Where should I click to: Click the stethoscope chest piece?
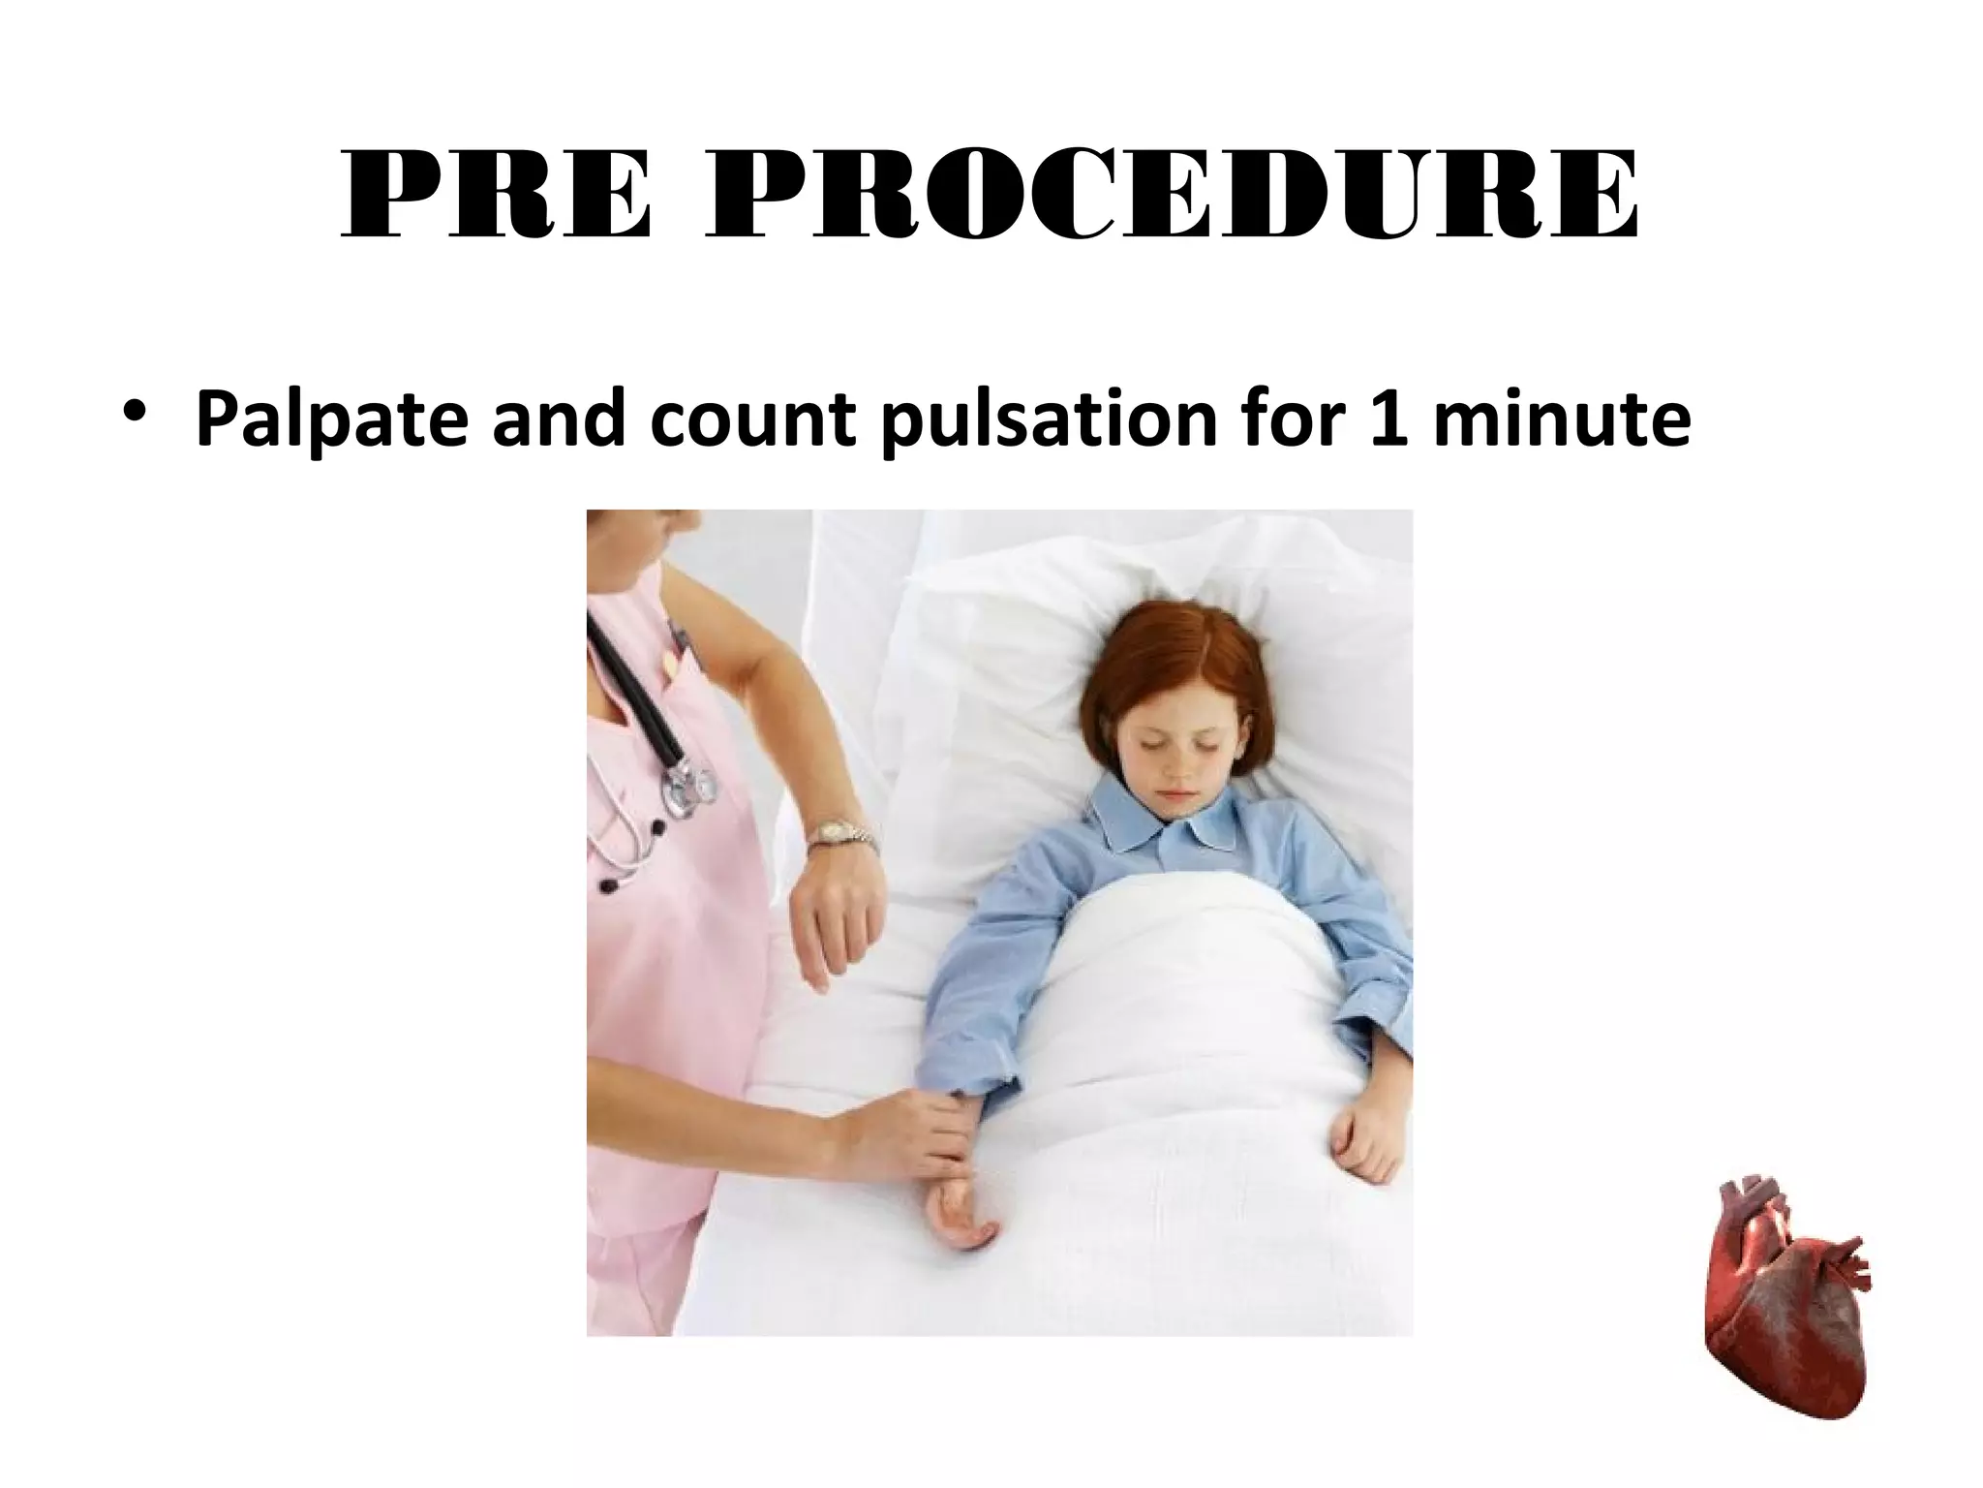(x=690, y=781)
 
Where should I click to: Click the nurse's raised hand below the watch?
(x=837, y=920)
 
